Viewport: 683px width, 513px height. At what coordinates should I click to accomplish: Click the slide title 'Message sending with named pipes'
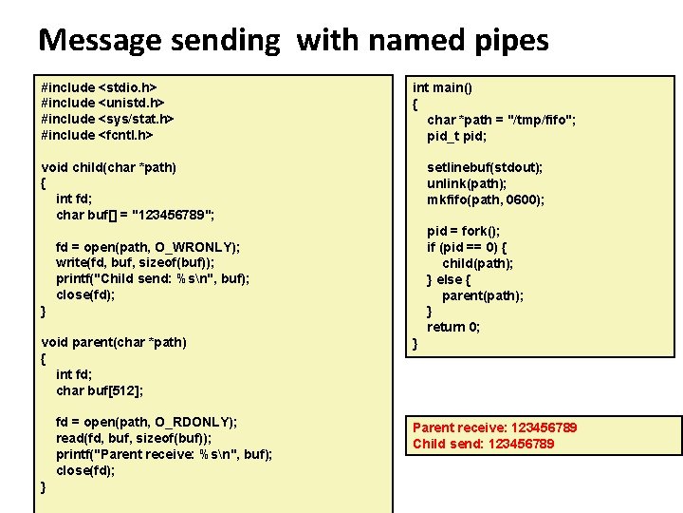point(293,40)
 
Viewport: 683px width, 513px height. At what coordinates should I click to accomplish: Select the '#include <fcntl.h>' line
point(98,135)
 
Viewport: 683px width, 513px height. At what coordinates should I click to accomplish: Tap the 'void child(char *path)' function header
point(109,167)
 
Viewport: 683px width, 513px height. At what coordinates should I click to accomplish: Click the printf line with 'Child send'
point(153,279)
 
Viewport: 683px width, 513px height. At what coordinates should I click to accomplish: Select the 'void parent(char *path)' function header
point(114,342)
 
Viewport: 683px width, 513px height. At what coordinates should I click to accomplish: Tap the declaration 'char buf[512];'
point(100,390)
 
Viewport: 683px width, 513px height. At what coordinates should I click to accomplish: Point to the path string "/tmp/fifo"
point(543,120)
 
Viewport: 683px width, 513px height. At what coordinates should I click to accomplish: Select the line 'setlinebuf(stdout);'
point(485,167)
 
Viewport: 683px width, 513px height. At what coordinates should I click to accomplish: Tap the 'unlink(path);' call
point(467,183)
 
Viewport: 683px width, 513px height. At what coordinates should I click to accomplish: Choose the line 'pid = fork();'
point(464,231)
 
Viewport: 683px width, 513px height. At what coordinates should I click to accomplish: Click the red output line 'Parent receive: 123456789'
point(494,427)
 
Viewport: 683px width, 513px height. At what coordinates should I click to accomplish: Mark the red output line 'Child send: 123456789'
point(483,444)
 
